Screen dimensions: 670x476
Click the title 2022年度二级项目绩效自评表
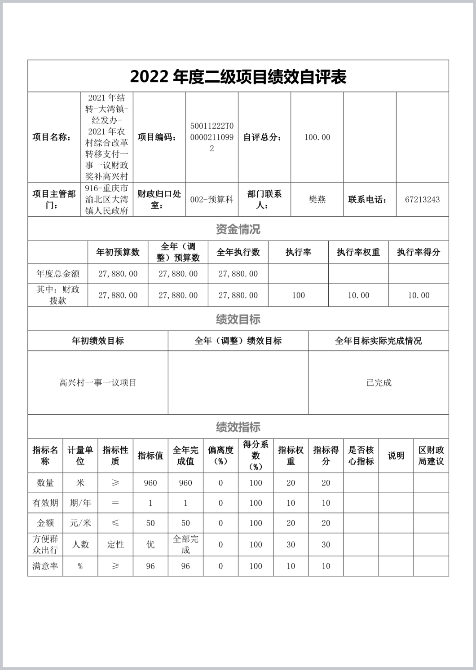pyautogui.click(x=238, y=77)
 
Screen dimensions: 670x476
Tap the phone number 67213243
pyautogui.click(x=422, y=200)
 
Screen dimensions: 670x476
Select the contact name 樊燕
pyautogui.click(x=317, y=200)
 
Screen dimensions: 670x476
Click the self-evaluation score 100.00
pyautogui.click(x=317, y=137)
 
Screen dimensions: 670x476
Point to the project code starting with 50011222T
pyautogui.click(x=212, y=137)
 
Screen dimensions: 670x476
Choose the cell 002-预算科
pyautogui.click(x=212, y=200)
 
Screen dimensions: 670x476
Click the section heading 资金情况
pyautogui.click(x=238, y=229)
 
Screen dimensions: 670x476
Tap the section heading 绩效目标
pyautogui.click(x=238, y=320)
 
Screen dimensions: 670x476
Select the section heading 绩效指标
pyautogui.click(x=238, y=427)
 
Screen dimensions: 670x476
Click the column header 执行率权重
pyautogui.click(x=358, y=252)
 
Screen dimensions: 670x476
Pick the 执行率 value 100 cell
pyautogui.click(x=298, y=295)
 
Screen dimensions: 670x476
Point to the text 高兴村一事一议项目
pyautogui.click(x=98, y=383)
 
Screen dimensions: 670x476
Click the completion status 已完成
pyautogui.click(x=379, y=383)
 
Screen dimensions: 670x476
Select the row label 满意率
pyautogui.click(x=45, y=566)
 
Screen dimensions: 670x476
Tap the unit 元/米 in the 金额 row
pyautogui.click(x=80, y=523)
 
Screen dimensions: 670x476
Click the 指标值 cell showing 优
pyautogui.click(x=150, y=545)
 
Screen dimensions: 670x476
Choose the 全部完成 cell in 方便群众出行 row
pyautogui.click(x=185, y=545)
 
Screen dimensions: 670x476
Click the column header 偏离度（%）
pyautogui.click(x=220, y=455)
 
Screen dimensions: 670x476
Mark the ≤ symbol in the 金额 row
pyautogui.click(x=115, y=523)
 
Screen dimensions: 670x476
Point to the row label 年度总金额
pyautogui.click(x=58, y=274)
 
